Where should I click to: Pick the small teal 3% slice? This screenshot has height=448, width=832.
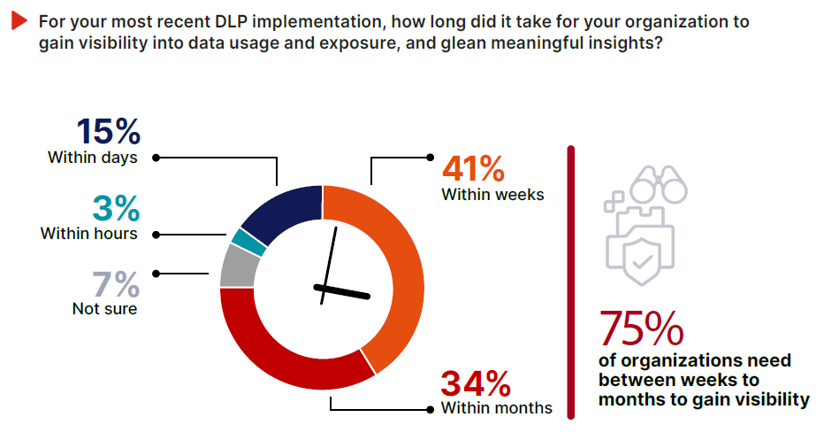point(248,240)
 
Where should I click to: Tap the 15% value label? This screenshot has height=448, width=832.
point(108,131)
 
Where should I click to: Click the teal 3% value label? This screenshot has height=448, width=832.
point(116,208)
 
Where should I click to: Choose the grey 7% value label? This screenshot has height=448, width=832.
point(116,285)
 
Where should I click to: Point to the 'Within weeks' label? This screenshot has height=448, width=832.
point(492,194)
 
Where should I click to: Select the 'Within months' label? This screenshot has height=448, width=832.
point(496,408)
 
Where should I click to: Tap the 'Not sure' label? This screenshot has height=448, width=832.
point(104,309)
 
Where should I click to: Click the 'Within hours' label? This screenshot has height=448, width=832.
point(88,234)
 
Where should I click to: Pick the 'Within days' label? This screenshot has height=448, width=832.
point(92,157)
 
